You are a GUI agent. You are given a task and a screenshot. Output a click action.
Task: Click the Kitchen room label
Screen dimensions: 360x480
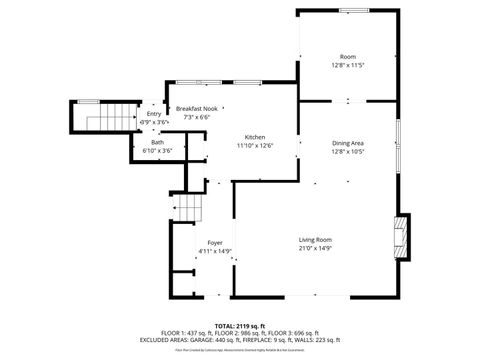[255, 136]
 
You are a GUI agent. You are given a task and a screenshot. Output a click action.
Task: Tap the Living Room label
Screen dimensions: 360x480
[315, 239]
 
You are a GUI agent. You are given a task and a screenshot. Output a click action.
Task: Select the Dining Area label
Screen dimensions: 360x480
[347, 143]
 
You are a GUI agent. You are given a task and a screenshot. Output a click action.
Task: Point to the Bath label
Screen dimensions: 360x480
[157, 142]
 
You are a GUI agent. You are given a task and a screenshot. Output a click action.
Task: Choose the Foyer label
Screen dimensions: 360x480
[214, 243]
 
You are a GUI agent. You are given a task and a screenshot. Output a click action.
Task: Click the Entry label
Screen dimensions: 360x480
[153, 114]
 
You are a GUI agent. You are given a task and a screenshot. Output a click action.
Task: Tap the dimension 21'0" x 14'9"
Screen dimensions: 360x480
[315, 248]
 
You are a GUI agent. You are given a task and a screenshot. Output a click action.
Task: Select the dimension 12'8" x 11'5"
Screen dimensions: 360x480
[347, 65]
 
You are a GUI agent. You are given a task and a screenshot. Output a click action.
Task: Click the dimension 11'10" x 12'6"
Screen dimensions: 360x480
[255, 145]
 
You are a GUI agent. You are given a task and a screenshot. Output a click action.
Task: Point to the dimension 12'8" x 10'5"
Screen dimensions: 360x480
[347, 152]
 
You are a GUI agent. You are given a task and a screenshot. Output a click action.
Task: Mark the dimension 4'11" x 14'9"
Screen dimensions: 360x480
[214, 251]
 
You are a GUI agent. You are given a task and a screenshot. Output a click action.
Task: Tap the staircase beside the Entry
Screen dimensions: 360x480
[104, 119]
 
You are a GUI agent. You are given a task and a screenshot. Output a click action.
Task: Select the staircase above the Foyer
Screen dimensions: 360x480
[189, 207]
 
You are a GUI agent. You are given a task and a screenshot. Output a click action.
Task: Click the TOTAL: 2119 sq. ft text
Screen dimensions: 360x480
[239, 326]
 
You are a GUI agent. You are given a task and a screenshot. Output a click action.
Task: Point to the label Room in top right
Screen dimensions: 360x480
[347, 56]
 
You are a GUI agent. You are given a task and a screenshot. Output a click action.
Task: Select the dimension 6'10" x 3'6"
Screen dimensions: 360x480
[157, 151]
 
